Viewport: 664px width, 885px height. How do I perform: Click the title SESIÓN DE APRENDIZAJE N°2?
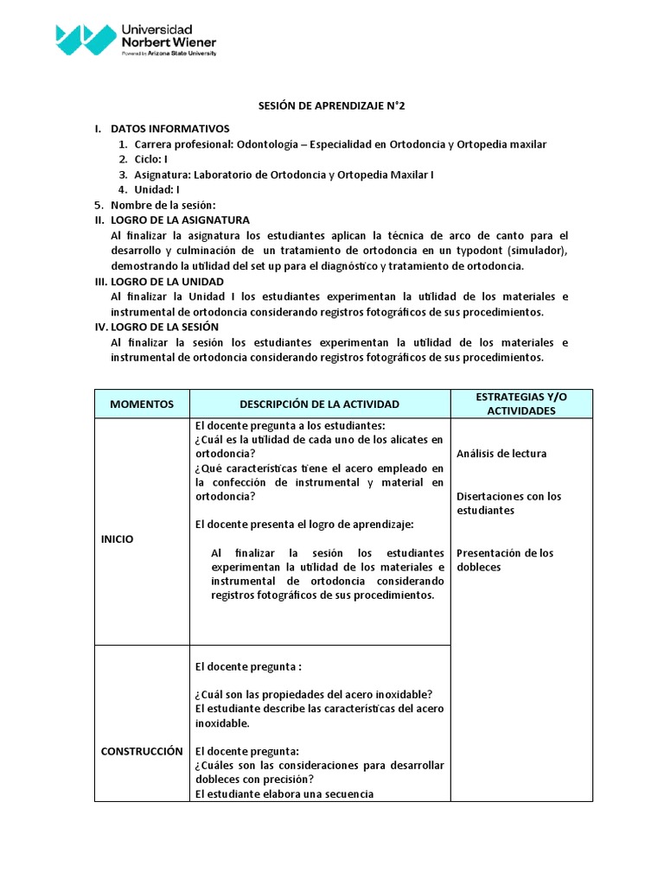[332, 106]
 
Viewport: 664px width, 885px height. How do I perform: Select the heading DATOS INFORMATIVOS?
[170, 129]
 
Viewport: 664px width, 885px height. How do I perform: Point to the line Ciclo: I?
[150, 160]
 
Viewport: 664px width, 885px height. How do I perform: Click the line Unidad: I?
[156, 189]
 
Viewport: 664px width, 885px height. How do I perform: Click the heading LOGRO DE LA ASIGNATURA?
[180, 220]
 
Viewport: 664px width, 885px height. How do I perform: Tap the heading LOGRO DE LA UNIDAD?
[167, 282]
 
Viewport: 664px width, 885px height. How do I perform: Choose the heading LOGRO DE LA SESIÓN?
[164, 327]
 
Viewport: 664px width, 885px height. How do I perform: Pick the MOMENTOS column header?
[142, 404]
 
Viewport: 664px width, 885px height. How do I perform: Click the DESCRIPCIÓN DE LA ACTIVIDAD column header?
[319, 404]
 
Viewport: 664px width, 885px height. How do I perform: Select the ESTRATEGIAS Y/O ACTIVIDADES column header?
[521, 404]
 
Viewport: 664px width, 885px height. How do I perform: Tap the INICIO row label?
[118, 538]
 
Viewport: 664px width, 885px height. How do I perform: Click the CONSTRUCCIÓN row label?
[142, 751]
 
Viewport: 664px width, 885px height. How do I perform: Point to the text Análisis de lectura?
[501, 454]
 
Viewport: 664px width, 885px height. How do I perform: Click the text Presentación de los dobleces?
[505, 560]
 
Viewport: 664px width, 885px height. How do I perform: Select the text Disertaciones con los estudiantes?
[508, 503]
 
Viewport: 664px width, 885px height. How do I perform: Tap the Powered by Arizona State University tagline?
[169, 54]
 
